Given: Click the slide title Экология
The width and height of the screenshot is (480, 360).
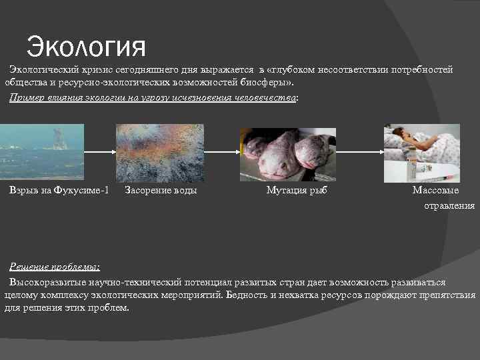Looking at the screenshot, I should [x=85, y=47].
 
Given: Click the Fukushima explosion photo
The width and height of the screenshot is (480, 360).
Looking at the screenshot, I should [x=42, y=151].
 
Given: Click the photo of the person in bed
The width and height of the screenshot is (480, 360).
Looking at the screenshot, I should [x=421, y=154].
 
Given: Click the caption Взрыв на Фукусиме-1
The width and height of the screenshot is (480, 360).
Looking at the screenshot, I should [x=59, y=191].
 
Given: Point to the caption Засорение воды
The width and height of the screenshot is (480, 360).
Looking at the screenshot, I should [x=161, y=191].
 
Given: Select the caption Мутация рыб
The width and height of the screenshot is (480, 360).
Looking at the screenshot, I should [x=297, y=191].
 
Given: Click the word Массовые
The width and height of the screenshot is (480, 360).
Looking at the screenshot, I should [x=435, y=191].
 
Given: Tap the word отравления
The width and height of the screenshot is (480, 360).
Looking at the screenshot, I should [x=449, y=206].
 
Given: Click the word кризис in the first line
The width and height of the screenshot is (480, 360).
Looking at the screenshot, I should [x=103, y=70].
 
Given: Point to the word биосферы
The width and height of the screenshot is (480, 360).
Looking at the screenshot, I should [x=266, y=83].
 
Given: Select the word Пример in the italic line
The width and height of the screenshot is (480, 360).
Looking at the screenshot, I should [x=26, y=97].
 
